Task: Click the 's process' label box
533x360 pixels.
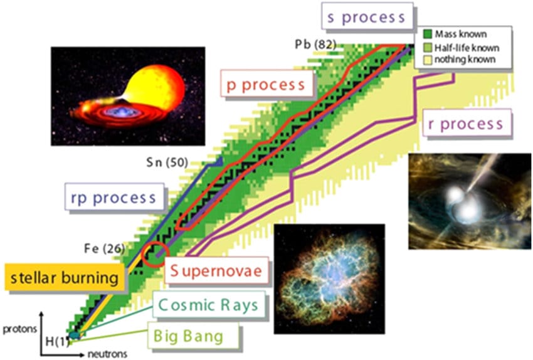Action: [x=367, y=16]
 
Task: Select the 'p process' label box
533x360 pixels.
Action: [x=266, y=83]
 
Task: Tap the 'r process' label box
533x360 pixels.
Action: [x=467, y=123]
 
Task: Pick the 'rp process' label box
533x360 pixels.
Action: [x=115, y=197]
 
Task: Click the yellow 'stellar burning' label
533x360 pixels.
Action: [x=65, y=277]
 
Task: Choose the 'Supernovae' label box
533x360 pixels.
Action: [x=216, y=270]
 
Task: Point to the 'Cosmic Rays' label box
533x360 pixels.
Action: [x=209, y=304]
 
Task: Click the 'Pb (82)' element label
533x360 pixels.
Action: [x=315, y=44]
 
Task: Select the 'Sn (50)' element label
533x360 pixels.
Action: [x=167, y=162]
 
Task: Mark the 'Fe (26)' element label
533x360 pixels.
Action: [x=104, y=248]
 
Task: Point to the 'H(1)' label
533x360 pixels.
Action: [x=58, y=341]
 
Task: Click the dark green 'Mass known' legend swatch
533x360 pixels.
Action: [x=428, y=34]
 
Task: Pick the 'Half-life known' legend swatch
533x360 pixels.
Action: [x=428, y=47]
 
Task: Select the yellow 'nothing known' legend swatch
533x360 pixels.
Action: [x=428, y=60]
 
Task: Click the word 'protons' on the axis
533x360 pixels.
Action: [x=19, y=329]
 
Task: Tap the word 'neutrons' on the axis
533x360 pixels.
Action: [x=107, y=354]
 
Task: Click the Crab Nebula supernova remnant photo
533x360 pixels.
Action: [x=329, y=278]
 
